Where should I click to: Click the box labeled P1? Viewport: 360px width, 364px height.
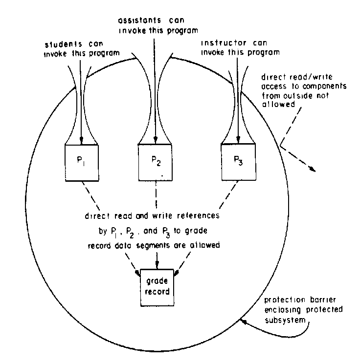pos(82,163)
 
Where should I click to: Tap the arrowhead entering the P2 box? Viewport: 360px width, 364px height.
pos(155,142)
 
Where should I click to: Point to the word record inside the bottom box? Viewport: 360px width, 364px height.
pos(157,292)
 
